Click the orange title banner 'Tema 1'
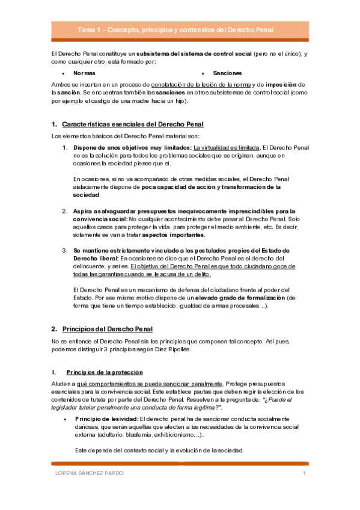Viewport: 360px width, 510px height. click(180, 29)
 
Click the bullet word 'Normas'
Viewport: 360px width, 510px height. click(84, 73)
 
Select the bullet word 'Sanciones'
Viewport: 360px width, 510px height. click(226, 73)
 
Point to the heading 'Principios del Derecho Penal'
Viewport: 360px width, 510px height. click(108, 329)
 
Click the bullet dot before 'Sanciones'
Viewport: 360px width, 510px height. click(204, 73)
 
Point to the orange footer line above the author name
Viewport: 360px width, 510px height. click(180, 464)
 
